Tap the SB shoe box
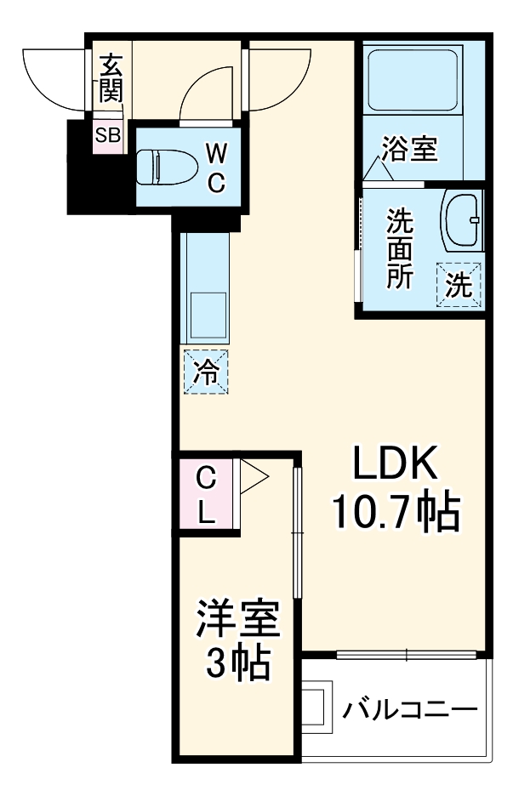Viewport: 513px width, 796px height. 108,134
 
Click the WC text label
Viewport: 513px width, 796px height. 216,168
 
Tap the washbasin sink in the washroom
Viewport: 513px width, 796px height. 461,219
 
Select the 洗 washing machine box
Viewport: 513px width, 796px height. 459,284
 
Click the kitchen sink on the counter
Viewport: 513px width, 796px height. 207,315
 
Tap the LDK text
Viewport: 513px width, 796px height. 395,464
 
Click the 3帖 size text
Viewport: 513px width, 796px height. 238,663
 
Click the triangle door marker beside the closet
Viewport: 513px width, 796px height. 252,476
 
